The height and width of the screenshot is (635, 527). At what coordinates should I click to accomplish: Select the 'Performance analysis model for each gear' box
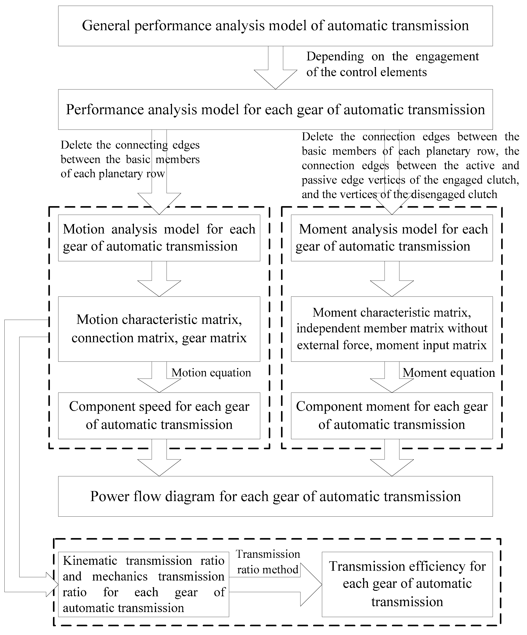click(275, 109)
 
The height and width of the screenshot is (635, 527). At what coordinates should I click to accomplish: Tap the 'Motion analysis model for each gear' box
click(159, 238)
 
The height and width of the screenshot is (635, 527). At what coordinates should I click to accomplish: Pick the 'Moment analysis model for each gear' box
click(392, 238)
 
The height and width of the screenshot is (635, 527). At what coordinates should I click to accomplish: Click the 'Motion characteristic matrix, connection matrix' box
click(159, 329)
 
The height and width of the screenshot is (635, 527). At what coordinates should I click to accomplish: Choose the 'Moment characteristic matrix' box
click(392, 329)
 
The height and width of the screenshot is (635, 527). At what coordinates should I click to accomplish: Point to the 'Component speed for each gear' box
click(159, 416)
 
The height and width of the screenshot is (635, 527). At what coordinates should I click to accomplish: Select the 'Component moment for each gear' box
click(392, 416)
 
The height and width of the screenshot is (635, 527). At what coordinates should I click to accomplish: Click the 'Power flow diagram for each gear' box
click(275, 496)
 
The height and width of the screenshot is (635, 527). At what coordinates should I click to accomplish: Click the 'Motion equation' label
click(211, 373)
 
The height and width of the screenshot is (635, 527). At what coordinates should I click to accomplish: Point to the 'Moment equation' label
click(449, 373)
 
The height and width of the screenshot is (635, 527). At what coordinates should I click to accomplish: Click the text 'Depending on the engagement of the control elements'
click(392, 64)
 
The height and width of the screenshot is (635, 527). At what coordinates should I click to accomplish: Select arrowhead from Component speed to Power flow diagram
click(159, 467)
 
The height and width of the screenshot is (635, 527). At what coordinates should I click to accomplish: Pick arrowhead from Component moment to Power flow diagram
click(392, 467)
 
